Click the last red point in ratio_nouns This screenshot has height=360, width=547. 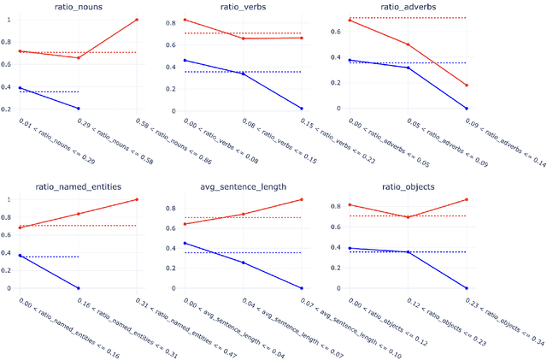click(x=136, y=20)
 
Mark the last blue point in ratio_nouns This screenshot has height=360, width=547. click(x=78, y=109)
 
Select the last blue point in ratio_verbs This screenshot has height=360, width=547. click(x=302, y=109)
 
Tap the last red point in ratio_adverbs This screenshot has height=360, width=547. click(x=467, y=85)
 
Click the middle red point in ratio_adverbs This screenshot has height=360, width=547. click(x=408, y=44)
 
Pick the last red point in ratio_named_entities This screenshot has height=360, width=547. click(x=136, y=199)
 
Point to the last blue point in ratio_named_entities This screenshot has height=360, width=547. click(x=78, y=288)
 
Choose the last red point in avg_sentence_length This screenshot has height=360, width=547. click(x=302, y=199)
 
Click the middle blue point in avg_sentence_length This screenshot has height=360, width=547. click(x=243, y=263)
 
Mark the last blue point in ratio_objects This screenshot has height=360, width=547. click(x=467, y=288)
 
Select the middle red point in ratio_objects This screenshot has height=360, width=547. click(x=408, y=217)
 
